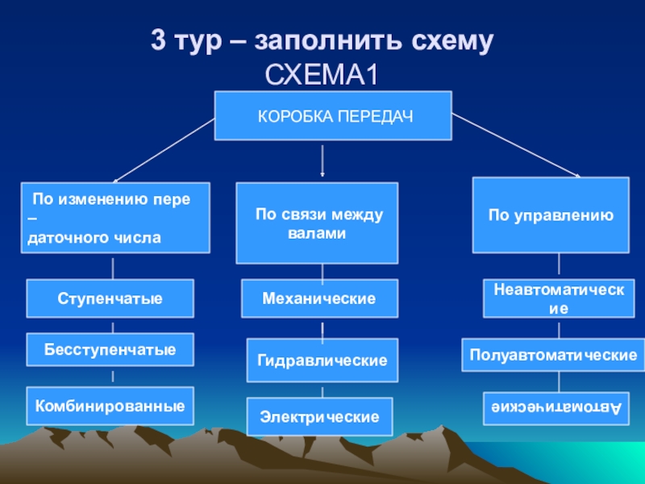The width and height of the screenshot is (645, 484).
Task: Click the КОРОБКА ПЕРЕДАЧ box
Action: click(x=333, y=115)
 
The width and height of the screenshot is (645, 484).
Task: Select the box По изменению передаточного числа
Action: click(x=115, y=218)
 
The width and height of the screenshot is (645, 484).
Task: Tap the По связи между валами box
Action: click(x=317, y=223)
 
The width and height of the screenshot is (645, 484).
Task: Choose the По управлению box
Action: click(x=551, y=215)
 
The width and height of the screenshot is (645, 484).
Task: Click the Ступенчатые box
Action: click(x=110, y=298)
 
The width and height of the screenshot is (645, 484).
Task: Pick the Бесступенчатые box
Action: click(x=110, y=351)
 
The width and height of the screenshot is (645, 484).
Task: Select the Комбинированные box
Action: click(x=110, y=405)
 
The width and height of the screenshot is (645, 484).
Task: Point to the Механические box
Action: click(x=319, y=298)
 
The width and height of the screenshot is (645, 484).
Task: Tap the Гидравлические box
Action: click(x=322, y=360)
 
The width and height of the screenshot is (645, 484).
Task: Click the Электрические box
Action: click(x=319, y=418)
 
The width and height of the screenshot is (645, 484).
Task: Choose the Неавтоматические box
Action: click(x=559, y=298)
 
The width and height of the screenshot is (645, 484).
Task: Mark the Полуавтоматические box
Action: click(x=554, y=355)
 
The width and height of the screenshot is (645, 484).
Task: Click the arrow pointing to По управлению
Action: click(x=516, y=145)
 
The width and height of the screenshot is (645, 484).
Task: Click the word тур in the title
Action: click(x=198, y=42)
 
